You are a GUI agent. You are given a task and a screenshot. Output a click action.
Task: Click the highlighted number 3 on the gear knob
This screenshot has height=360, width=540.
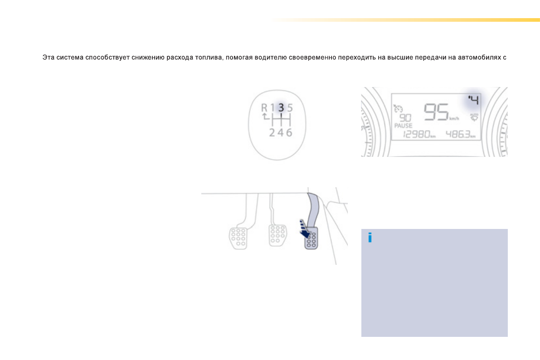pos(281,107)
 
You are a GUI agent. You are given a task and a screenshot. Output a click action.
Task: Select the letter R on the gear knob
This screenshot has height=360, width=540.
pos(264,108)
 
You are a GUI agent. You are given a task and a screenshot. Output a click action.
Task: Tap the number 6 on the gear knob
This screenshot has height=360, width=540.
pos(289,132)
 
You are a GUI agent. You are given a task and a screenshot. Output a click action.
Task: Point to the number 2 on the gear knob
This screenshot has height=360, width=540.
pos(272,132)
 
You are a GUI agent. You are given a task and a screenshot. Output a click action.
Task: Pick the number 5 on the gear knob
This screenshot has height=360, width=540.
pos(290,108)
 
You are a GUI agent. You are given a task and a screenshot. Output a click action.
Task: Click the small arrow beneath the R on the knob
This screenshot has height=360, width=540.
pos(265,117)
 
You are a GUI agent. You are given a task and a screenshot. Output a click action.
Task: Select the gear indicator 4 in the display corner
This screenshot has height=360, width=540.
pos(474,100)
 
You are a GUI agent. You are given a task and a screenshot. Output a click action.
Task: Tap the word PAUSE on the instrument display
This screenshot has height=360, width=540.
pos(403,126)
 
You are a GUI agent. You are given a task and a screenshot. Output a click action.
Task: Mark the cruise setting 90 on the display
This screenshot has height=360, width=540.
pos(405,117)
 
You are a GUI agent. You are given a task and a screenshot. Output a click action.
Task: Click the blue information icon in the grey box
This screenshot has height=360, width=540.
pos(370,237)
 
